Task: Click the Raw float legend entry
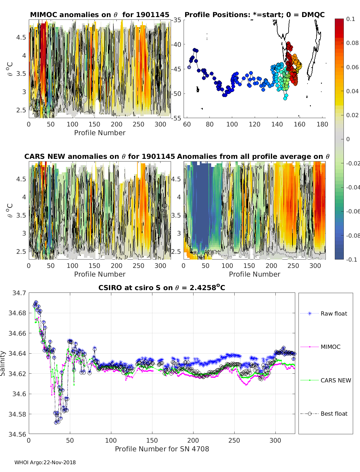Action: [x=324, y=313]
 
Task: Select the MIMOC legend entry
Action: [x=320, y=347]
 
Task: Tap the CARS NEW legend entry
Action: [x=325, y=380]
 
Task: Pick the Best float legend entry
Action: [x=324, y=414]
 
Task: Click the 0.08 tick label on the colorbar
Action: [x=352, y=43]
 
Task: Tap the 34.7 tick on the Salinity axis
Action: [x=19, y=293]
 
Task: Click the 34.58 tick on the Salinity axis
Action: [x=17, y=414]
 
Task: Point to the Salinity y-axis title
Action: [x=3, y=364]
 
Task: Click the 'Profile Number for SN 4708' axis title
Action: [x=162, y=449]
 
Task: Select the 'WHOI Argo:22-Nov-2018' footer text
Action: [x=45, y=462]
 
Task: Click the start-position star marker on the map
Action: [x=189, y=67]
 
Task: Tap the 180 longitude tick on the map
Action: [x=322, y=124]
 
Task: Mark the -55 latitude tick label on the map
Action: [x=176, y=118]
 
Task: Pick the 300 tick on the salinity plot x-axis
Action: [x=275, y=441]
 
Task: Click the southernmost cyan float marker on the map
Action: [x=285, y=99]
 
